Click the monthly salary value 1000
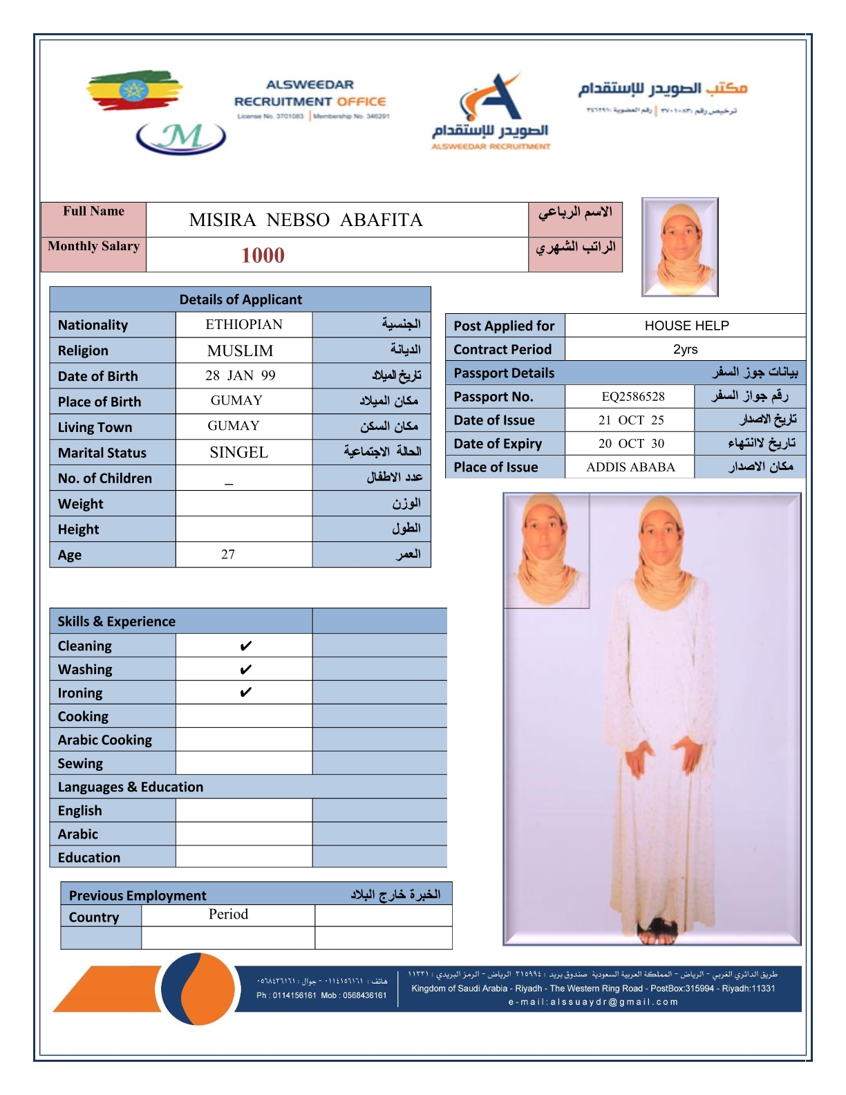tap(263, 255)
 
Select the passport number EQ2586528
tap(632, 397)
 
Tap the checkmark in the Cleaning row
tap(245, 646)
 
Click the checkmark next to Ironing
tap(245, 693)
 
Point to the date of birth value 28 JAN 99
tap(240, 375)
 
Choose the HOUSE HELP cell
tap(686, 326)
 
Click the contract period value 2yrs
tap(685, 349)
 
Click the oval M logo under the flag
tap(181, 137)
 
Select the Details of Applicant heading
tap(241, 299)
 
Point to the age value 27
tap(228, 554)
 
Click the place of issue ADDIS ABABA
tap(630, 467)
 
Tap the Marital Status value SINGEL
tap(238, 453)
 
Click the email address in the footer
tap(593, 1002)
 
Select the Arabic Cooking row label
tap(105, 740)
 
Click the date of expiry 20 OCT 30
tap(631, 444)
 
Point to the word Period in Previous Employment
tap(228, 914)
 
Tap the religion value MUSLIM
tap(240, 350)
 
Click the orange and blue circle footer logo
tap(198, 989)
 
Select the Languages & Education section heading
tap(131, 787)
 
